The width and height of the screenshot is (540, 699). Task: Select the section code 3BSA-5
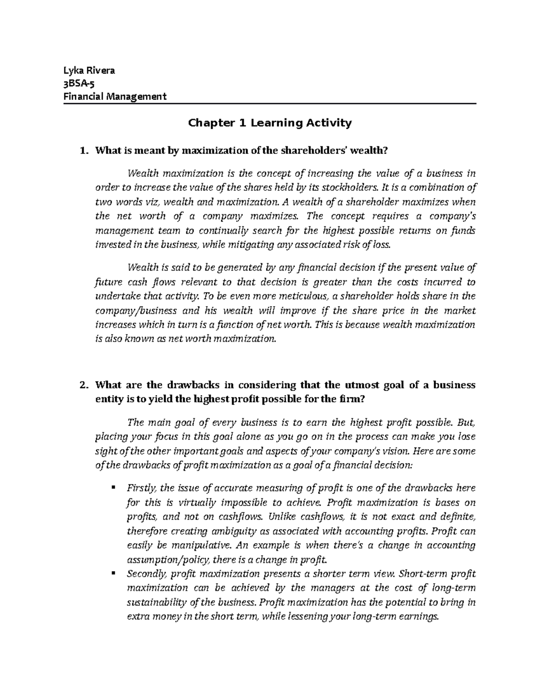coord(79,83)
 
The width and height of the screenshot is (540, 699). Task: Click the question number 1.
coord(82,151)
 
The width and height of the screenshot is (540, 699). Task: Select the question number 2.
coord(82,385)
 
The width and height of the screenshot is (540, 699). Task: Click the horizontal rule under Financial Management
coord(270,104)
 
